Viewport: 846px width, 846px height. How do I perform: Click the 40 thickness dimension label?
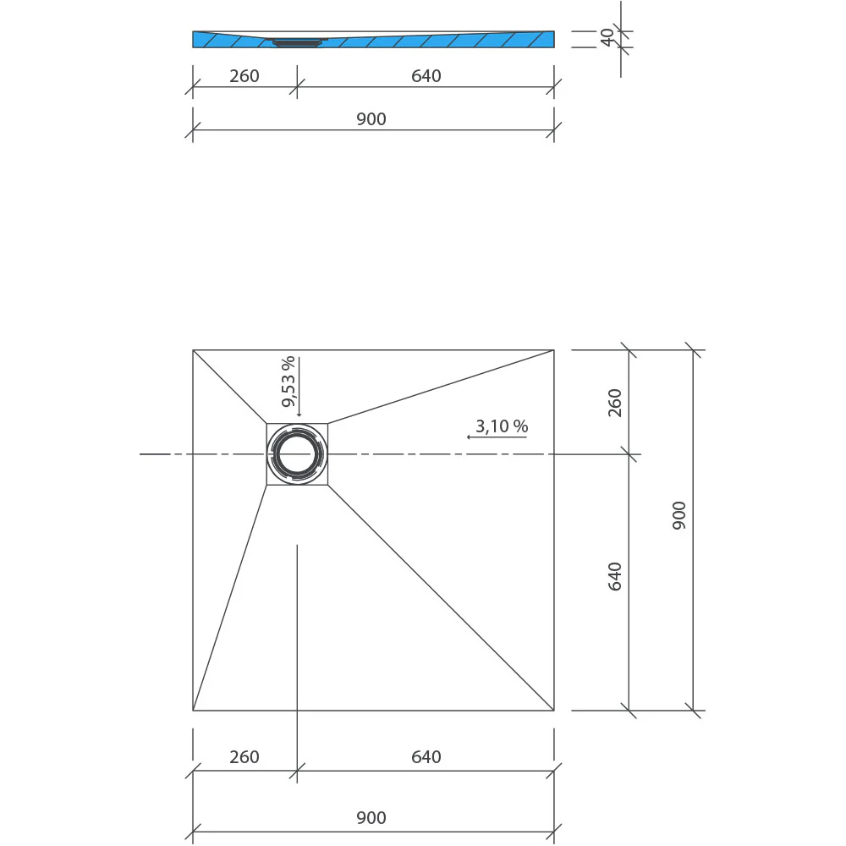607,37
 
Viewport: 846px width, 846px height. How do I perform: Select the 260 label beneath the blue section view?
244,76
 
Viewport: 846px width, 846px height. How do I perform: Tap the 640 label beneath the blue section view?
426,76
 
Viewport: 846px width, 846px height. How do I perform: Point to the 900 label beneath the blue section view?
371,119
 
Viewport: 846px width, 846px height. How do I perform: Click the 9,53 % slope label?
288,382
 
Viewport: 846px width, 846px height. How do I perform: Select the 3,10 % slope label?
501,426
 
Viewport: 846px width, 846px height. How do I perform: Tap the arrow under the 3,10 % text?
497,437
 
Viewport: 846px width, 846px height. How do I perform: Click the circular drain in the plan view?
297,453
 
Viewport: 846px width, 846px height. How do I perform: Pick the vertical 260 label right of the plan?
614,403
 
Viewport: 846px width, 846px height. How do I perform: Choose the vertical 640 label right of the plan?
614,576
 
